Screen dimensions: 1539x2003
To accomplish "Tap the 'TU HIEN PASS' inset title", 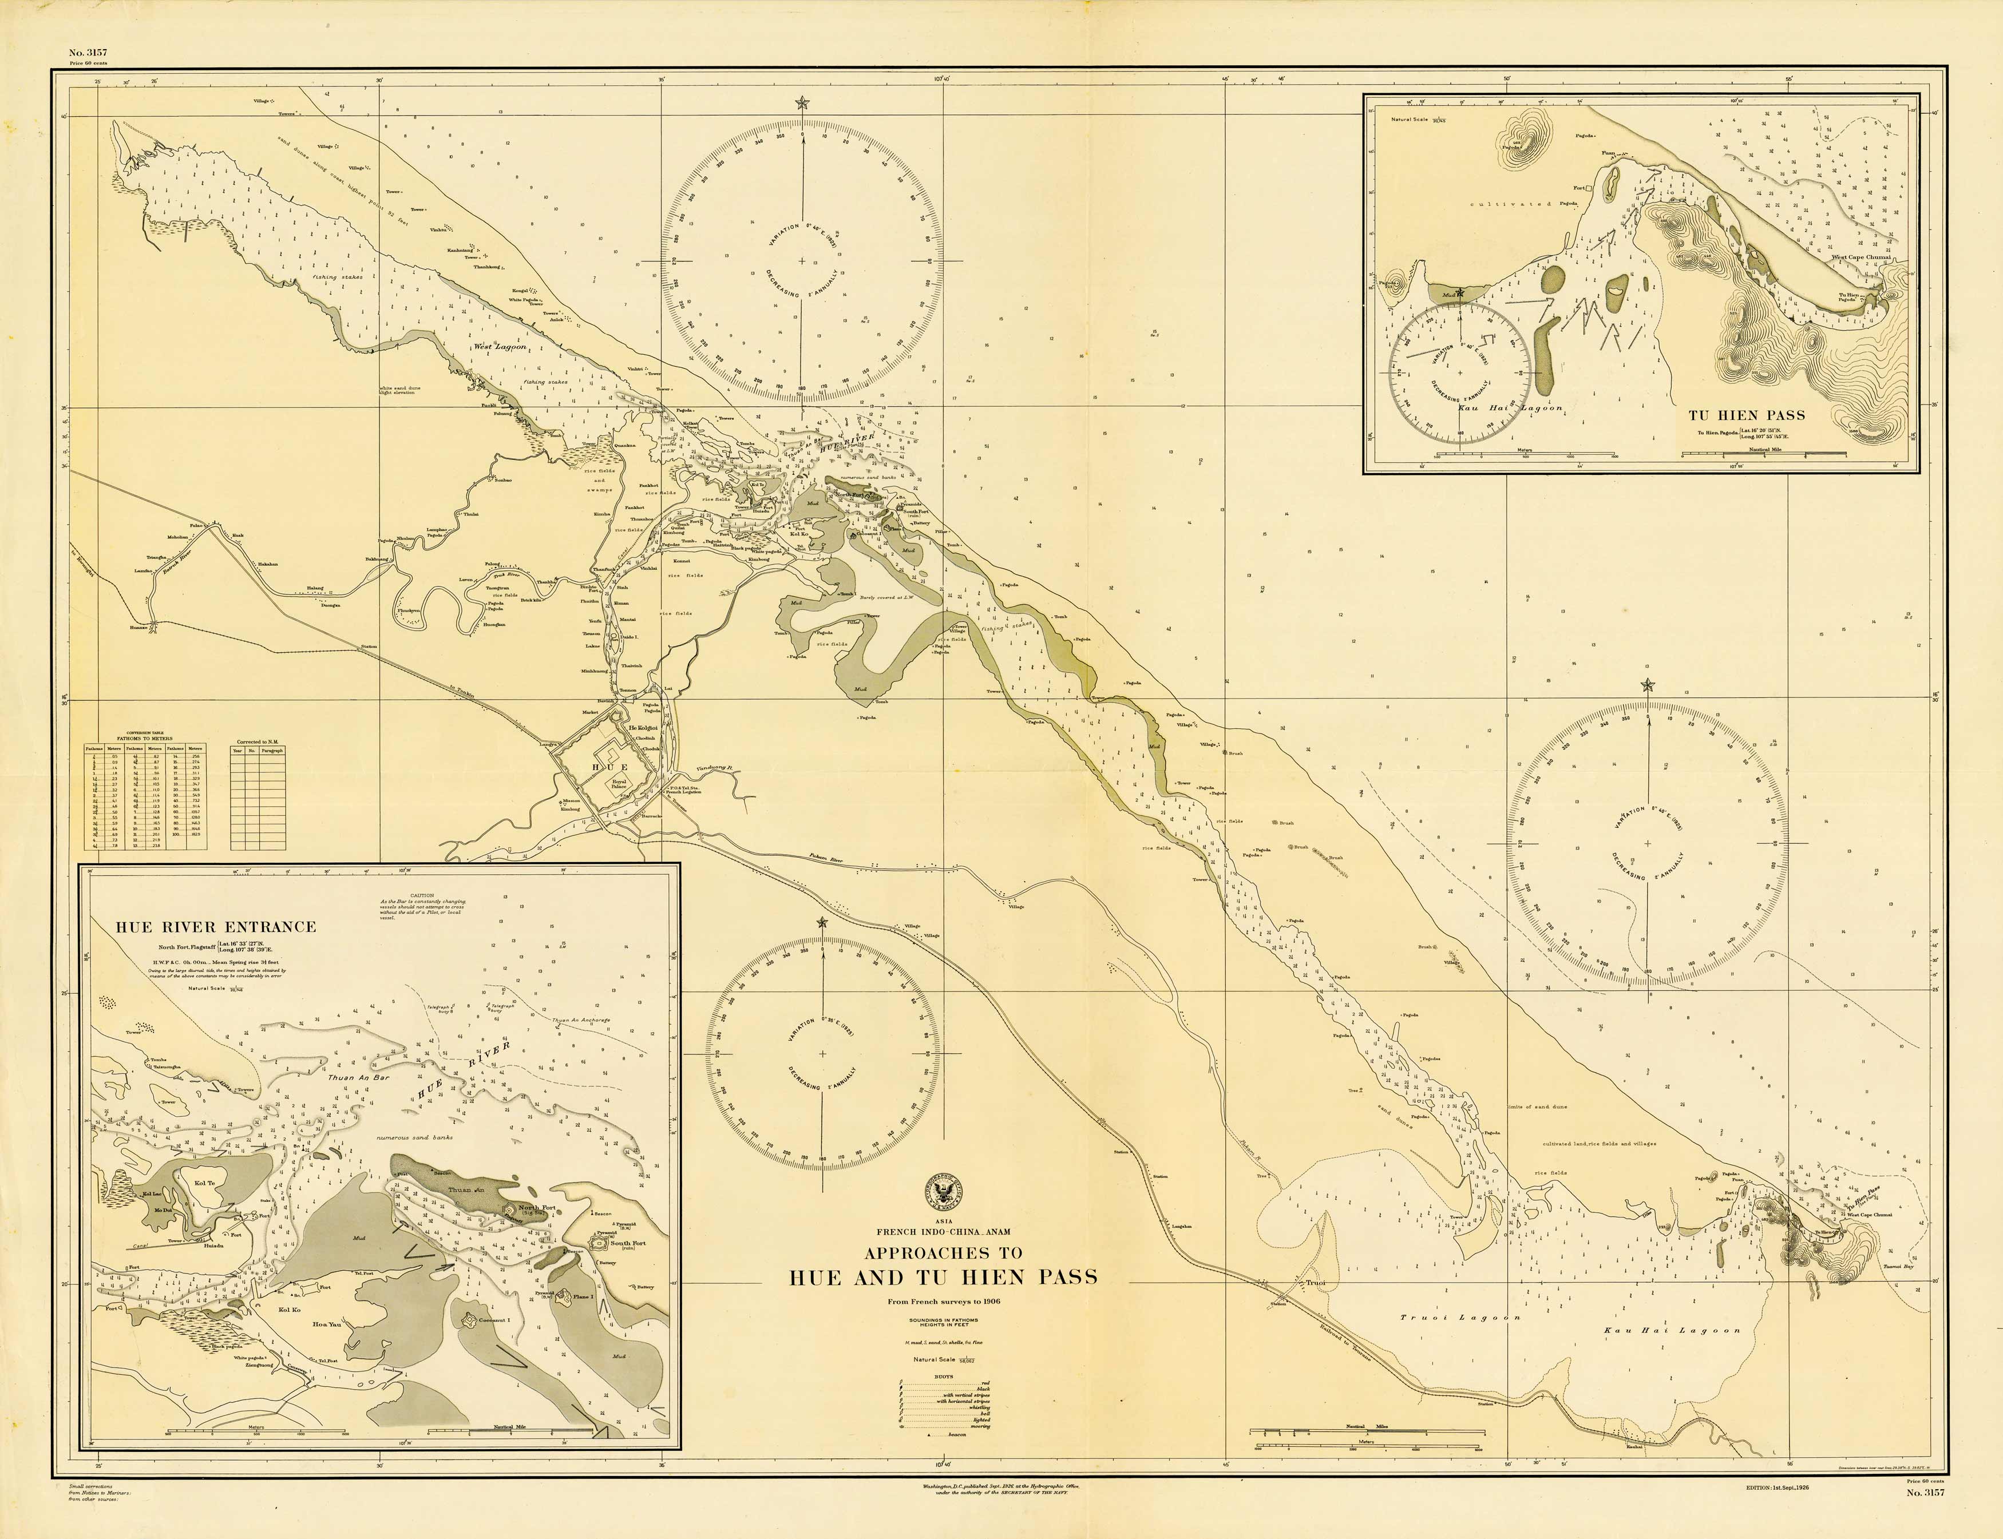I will click(x=1747, y=415).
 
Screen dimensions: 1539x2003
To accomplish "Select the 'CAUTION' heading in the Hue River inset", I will click(x=422, y=895).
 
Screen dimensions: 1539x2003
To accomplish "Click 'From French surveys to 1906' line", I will click(x=944, y=1302).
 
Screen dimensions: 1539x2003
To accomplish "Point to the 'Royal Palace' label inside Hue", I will click(x=619, y=784).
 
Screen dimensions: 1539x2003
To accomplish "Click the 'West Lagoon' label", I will click(x=500, y=347).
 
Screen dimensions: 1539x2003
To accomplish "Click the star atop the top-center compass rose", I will click(x=803, y=102).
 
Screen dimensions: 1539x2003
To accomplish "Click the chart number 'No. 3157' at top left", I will click(x=88, y=52).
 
